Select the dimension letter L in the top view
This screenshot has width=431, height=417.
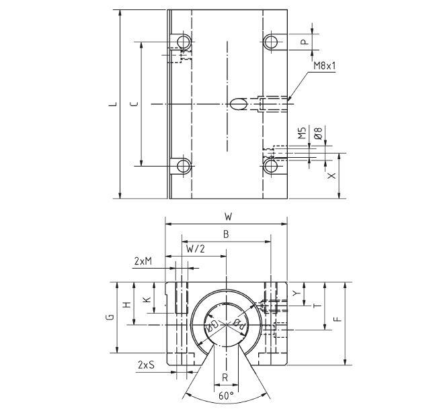click(x=115, y=103)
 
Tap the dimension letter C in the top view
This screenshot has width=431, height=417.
click(x=134, y=103)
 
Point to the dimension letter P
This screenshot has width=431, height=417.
click(x=304, y=42)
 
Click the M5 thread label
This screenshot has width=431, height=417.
click(x=303, y=134)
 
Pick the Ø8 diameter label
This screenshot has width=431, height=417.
click(x=317, y=134)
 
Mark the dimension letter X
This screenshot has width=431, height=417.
click(x=331, y=175)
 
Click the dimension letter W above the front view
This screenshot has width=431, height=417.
click(x=228, y=217)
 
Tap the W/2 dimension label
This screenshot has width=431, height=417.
click(x=196, y=248)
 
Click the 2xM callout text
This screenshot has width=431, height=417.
click(x=143, y=261)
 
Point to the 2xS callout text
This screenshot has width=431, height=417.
click(x=145, y=365)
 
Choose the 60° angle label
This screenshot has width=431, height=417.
click(x=227, y=396)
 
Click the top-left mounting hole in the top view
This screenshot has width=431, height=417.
click(x=182, y=42)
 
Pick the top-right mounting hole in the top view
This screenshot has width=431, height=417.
click(x=271, y=42)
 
